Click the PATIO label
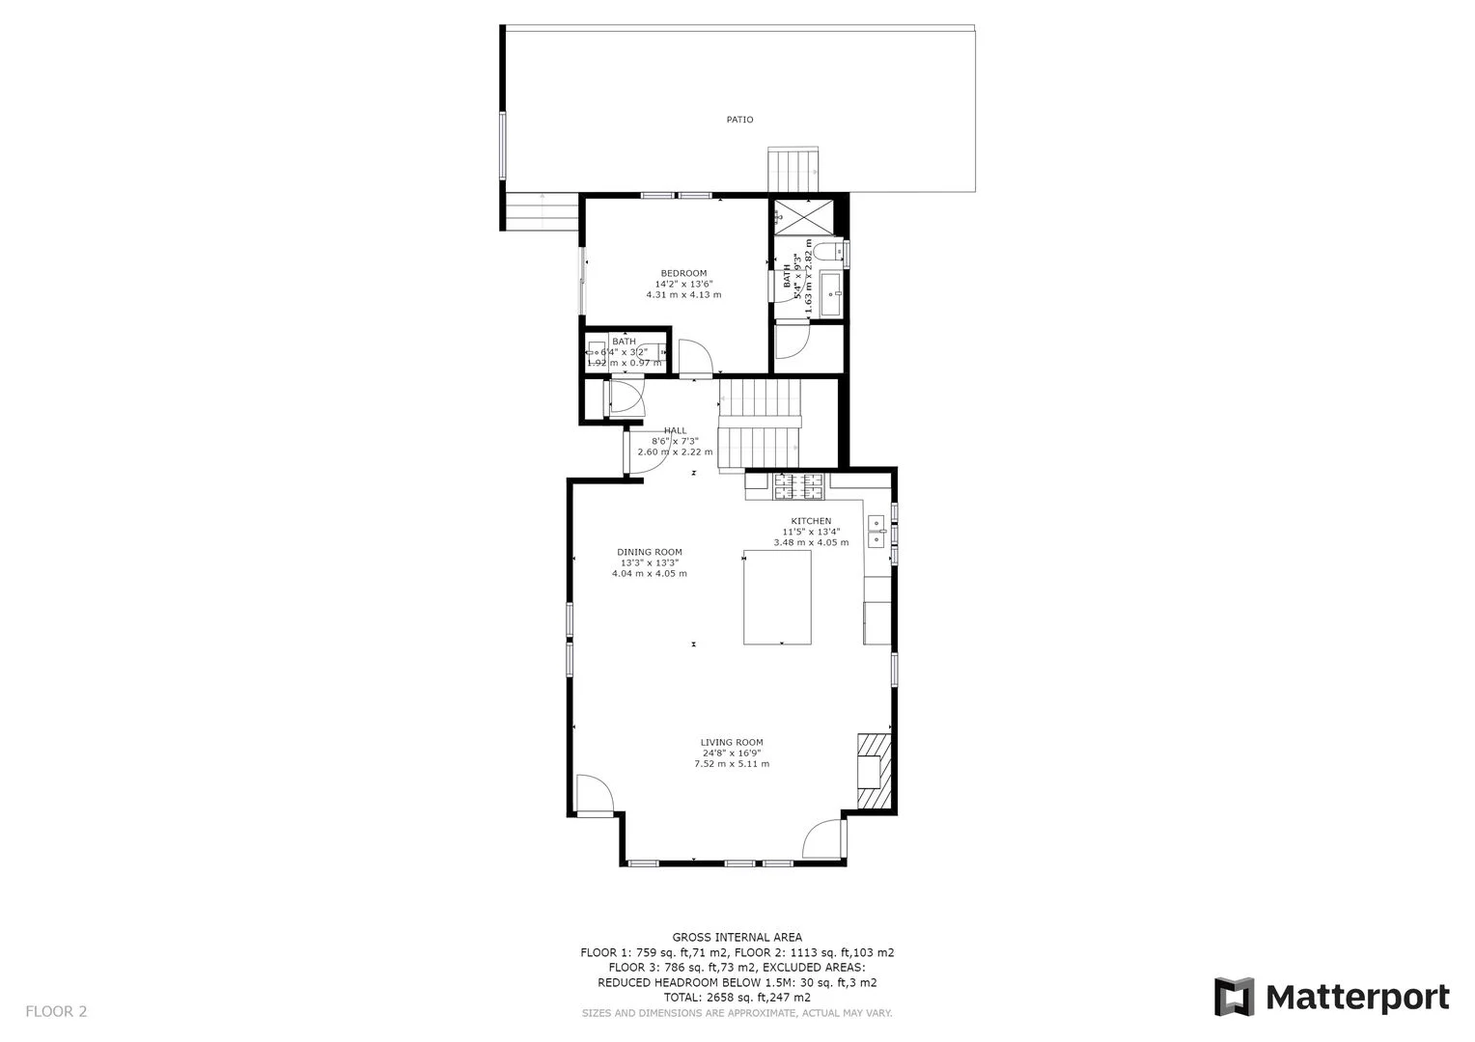click(739, 120)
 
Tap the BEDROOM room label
click(683, 273)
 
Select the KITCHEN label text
click(811, 521)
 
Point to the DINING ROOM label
click(650, 553)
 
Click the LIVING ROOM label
click(732, 743)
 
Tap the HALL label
click(675, 430)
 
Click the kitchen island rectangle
click(777, 597)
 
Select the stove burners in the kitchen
click(798, 486)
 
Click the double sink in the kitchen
click(877, 532)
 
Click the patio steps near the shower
click(793, 171)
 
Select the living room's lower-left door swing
click(594, 796)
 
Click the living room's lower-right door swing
click(823, 837)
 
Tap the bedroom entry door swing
click(694, 357)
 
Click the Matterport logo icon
click(1234, 997)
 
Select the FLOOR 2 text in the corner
click(56, 1012)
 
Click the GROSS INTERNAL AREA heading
click(737, 937)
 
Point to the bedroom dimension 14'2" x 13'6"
click(683, 285)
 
